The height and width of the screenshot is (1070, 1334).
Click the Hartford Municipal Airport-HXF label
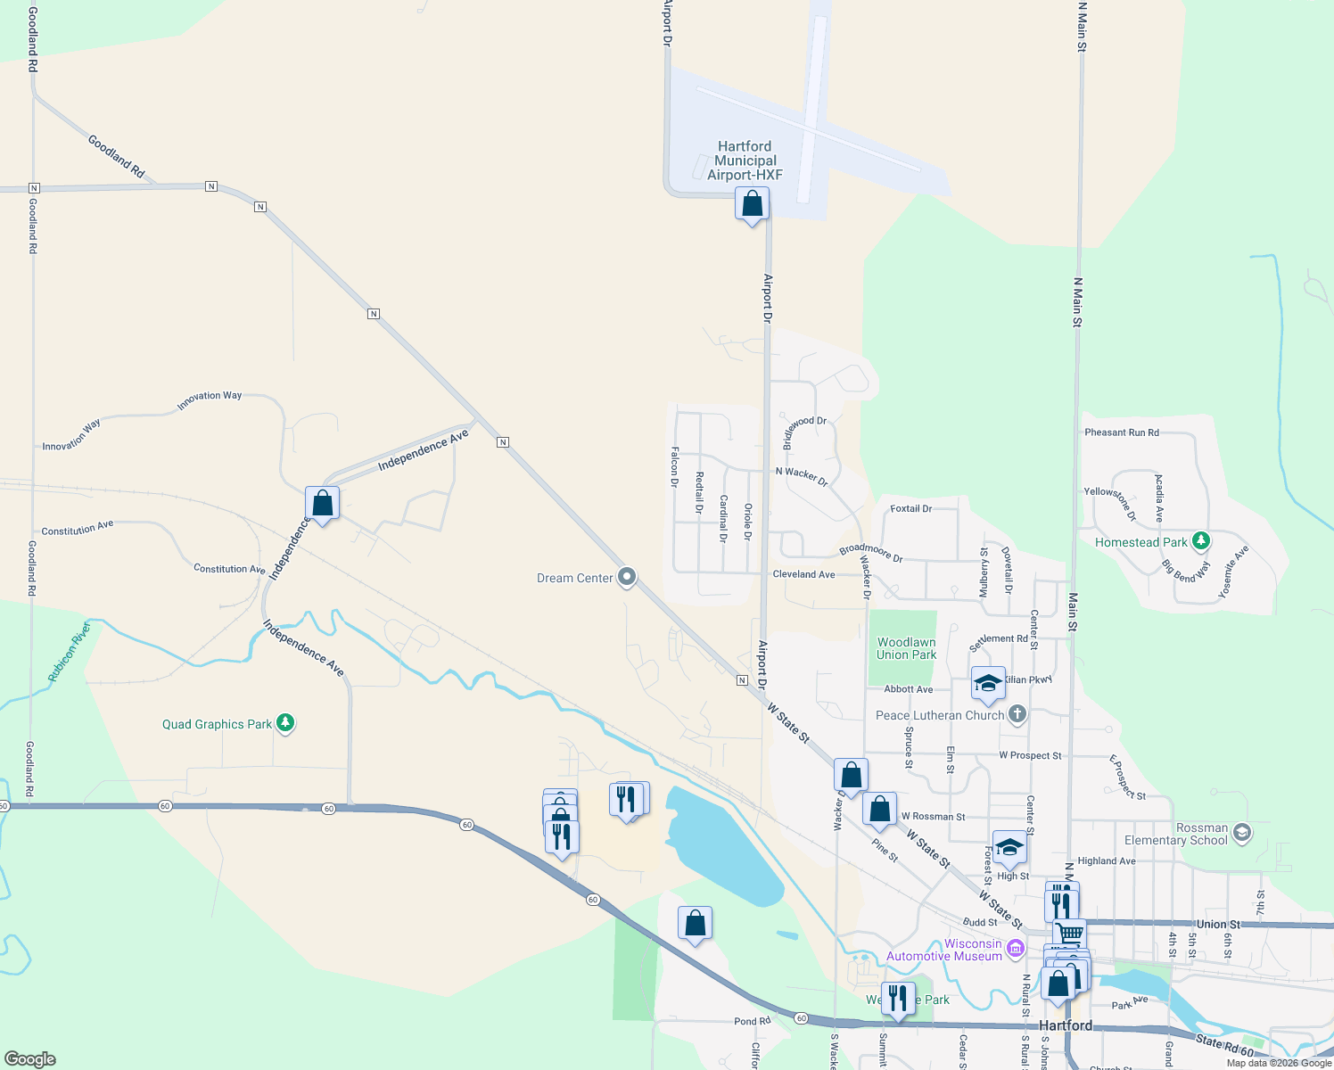point(745,160)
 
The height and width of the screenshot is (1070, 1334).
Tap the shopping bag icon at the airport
point(752,204)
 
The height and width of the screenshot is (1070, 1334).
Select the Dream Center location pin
point(627,577)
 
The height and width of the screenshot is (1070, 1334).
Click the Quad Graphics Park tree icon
point(285,723)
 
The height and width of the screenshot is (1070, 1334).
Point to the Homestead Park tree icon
point(1201,540)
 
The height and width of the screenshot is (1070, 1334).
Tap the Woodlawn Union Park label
point(906,648)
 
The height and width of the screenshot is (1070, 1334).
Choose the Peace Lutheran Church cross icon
point(1017,714)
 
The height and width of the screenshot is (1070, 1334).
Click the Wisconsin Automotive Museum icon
point(1015,949)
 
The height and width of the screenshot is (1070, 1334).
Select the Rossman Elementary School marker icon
point(1242,833)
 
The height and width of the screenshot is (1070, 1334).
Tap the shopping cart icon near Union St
point(1069,934)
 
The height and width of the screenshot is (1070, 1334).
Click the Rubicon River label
point(70,653)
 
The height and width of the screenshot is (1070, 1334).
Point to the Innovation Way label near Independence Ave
point(209,400)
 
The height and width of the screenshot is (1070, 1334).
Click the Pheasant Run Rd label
point(1122,432)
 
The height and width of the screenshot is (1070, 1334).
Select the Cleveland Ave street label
point(803,574)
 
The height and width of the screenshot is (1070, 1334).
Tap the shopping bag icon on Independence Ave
point(322,504)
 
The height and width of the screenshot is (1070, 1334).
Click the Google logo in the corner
point(30,1059)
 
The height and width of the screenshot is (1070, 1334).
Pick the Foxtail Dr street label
point(910,508)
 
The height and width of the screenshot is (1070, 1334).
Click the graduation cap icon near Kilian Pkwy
point(988,684)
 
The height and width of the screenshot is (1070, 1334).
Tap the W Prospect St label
point(1030,755)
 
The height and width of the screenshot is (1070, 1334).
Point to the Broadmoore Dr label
point(870,553)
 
